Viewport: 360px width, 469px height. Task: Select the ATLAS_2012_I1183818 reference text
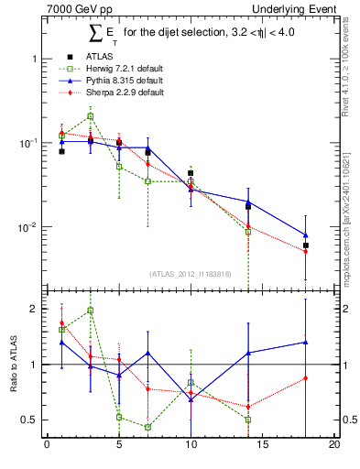tap(191, 273)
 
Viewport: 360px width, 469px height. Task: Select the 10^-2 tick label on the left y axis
tap(28, 227)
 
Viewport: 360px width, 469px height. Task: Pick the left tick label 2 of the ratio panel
tap(35, 309)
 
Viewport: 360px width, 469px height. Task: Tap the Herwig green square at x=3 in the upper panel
tap(90, 116)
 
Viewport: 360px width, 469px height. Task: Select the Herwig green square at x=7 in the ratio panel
tap(147, 427)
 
